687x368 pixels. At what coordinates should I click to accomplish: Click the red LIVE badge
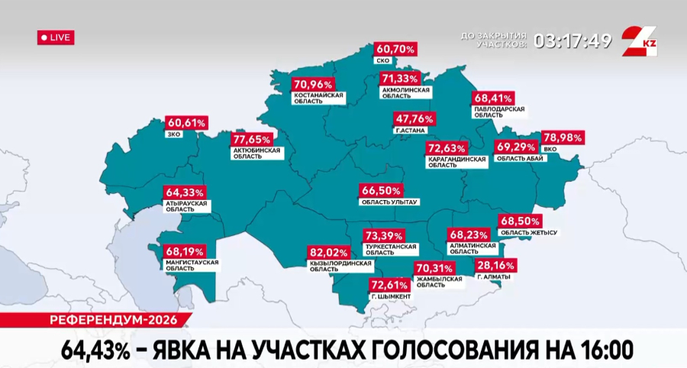point(56,37)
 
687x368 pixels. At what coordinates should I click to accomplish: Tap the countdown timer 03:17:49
point(572,40)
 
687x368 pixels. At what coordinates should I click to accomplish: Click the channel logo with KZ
point(639,40)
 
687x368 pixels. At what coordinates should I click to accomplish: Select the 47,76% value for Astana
point(415,119)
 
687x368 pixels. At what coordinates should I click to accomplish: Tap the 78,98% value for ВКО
point(563,138)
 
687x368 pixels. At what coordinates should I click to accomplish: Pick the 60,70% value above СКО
point(395,49)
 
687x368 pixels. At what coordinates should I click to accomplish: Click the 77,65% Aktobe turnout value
point(253,140)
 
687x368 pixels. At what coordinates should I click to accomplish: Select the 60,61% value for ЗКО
point(186,123)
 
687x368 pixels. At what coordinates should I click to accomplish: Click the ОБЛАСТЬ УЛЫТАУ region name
point(389,202)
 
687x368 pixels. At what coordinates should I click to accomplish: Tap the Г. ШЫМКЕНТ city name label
point(390,295)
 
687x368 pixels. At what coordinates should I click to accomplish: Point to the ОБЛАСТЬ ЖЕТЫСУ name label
point(527,231)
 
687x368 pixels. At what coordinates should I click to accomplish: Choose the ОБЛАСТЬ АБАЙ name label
point(518,158)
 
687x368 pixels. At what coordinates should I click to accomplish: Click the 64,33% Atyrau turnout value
point(185,192)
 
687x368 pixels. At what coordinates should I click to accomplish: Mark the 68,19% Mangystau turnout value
point(184,250)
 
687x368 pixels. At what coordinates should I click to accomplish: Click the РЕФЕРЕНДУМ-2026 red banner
point(95,319)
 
